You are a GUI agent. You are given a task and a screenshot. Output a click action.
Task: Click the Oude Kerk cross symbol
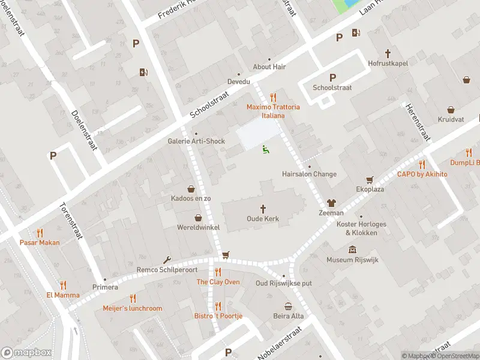click(x=263, y=208)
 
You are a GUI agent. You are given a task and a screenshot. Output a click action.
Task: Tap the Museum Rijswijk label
click(x=352, y=260)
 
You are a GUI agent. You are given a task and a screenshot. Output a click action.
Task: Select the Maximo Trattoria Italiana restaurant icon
click(x=273, y=97)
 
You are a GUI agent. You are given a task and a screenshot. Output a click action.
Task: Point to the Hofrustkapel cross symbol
click(x=388, y=53)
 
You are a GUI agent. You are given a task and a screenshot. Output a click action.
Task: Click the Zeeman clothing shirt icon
click(x=331, y=203)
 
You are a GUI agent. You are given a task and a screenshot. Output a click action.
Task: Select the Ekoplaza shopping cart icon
click(x=370, y=179)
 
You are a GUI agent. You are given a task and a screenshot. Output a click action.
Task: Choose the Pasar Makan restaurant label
click(x=40, y=242)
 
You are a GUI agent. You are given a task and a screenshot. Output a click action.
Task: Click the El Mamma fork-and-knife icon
click(x=62, y=285)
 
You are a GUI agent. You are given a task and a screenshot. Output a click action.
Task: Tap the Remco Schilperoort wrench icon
click(x=166, y=260)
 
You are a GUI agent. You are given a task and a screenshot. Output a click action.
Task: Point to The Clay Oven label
click(x=218, y=282)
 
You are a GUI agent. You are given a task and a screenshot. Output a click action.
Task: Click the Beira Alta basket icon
click(x=289, y=306)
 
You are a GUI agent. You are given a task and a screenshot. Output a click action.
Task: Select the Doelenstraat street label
click(x=85, y=130)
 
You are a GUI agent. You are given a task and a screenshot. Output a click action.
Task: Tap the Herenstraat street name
click(x=418, y=122)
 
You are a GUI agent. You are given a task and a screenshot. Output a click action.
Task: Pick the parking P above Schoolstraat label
click(x=332, y=77)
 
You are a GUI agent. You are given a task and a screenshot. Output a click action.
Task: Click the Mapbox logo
click(x=26, y=353)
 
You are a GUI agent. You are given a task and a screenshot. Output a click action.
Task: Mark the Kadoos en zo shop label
click(x=191, y=198)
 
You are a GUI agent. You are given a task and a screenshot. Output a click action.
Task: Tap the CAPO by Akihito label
click(x=422, y=174)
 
